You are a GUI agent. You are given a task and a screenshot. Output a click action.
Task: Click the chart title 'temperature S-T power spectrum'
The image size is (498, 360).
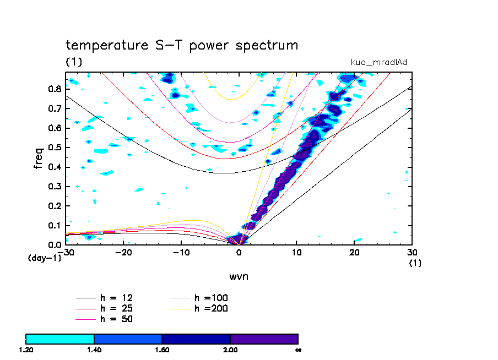coord(182,45)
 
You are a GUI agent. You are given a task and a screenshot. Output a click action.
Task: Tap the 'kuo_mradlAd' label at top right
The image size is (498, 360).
coord(379,62)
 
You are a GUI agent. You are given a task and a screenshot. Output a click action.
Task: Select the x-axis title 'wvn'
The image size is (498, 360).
coord(239,276)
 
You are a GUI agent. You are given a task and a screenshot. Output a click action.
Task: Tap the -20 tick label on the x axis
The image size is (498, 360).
coord(123,253)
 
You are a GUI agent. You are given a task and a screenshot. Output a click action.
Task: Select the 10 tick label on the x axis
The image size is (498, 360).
coord(297,253)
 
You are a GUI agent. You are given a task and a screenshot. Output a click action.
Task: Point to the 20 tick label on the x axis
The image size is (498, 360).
coord(354,253)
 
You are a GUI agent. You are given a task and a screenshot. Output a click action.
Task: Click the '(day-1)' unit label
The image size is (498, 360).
coord(44,258)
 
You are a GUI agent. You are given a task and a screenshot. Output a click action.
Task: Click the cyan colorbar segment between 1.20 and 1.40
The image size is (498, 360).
coord(60,339)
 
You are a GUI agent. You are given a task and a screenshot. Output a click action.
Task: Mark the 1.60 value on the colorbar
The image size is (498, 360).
coord(162,350)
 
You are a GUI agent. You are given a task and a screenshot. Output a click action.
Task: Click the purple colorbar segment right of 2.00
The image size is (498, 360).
coord(264,339)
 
